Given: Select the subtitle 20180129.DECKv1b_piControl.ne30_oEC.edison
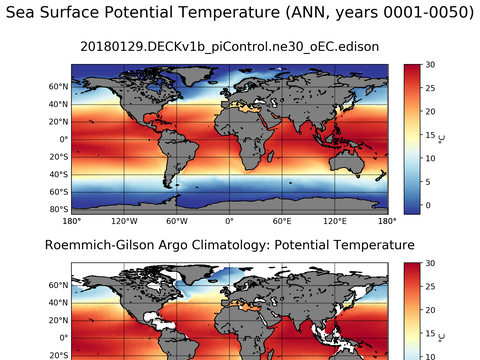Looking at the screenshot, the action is (x=229, y=46).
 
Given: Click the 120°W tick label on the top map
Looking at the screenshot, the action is (x=124, y=221).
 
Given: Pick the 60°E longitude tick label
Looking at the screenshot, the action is (x=281, y=221).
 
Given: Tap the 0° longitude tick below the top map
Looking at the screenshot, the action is (x=229, y=221).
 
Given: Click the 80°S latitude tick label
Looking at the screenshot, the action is (x=55, y=209).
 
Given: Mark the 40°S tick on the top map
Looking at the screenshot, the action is (x=55, y=174).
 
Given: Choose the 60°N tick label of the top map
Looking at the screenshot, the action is (x=56, y=86).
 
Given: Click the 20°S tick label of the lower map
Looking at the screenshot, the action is (x=55, y=355).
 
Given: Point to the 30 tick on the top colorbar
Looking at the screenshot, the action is (x=428, y=64).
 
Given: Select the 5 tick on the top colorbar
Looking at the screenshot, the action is (x=426, y=182).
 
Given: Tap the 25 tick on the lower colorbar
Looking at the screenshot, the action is (x=428, y=286).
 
